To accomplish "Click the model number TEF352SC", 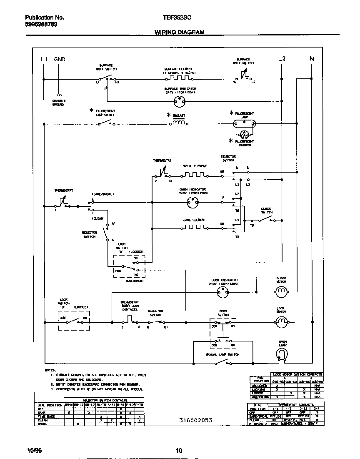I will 177,18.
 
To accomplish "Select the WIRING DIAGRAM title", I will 180,32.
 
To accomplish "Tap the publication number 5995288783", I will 41,25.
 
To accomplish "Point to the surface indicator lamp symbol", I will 180,100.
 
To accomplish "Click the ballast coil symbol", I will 179,123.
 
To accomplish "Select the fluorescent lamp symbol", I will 245,123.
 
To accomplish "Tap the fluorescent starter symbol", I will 245,134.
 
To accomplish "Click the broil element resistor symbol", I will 195,174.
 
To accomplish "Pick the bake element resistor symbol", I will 194,228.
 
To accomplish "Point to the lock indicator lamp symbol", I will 223,293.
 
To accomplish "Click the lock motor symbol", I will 281,321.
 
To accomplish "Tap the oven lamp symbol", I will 282,354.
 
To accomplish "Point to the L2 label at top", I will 282,59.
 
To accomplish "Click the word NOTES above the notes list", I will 50,370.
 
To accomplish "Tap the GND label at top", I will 59,59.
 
